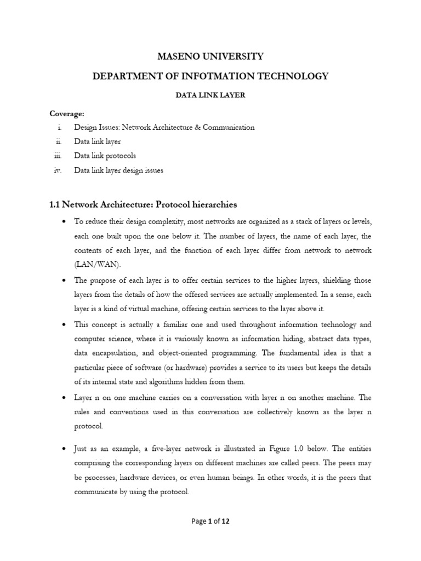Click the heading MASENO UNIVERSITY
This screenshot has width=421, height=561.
211,56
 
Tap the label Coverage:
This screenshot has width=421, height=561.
67,113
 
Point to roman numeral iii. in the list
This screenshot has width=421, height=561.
59,156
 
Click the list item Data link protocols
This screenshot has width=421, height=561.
105,156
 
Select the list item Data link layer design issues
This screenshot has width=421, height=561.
119,170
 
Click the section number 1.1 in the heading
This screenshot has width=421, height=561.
55,204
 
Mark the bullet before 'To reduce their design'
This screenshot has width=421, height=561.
65,221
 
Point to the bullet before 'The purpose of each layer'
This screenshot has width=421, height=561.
65,280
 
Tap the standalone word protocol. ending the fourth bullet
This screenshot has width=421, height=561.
89,426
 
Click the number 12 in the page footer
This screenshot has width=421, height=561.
225,522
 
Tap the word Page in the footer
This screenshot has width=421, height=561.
198,522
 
